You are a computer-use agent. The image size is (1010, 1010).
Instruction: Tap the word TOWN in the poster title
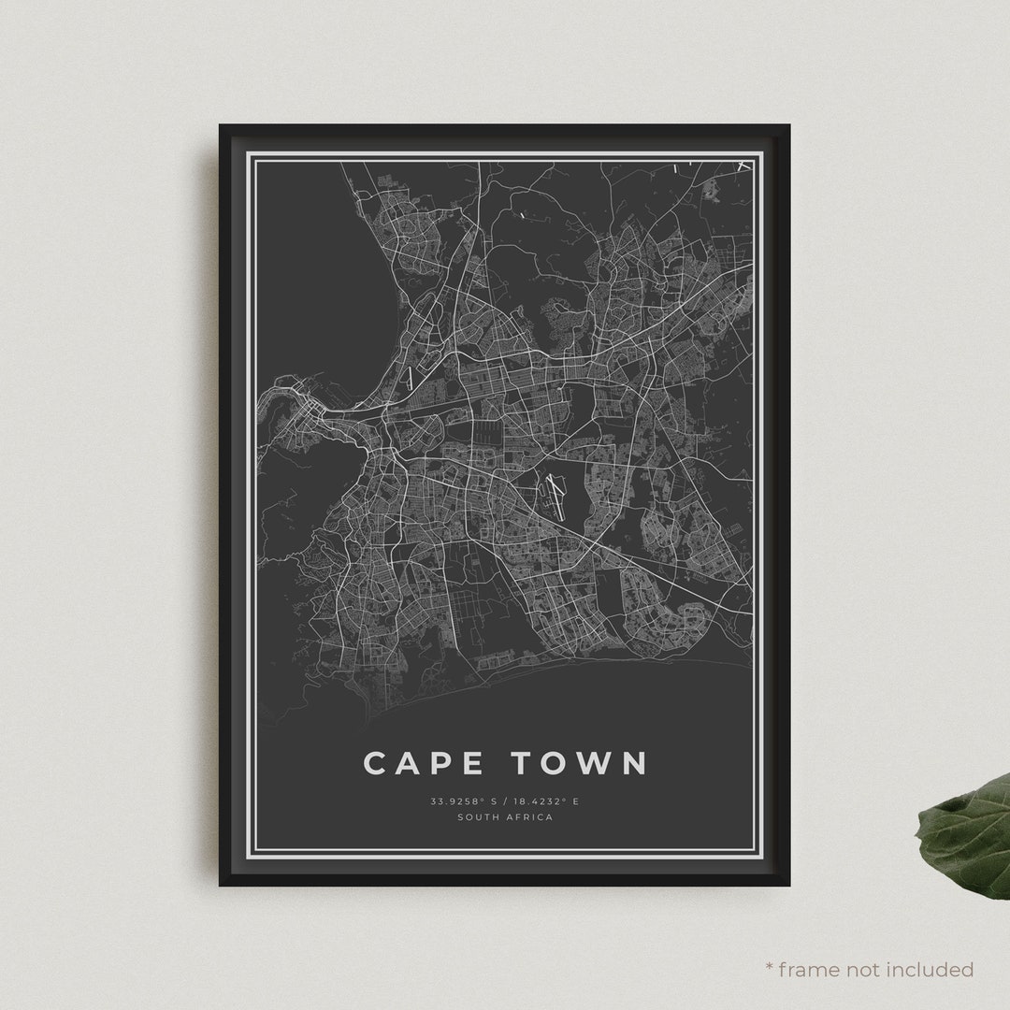[579, 762]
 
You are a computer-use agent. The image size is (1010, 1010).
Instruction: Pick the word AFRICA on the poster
[530, 817]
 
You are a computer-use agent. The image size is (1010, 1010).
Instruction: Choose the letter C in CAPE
[376, 762]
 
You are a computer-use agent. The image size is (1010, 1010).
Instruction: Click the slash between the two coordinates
[505, 801]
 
